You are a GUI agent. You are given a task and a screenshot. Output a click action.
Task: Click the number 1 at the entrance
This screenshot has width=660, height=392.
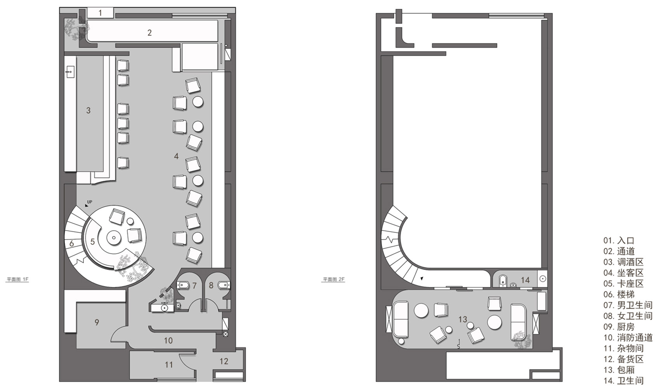pyautogui.click(x=100, y=13)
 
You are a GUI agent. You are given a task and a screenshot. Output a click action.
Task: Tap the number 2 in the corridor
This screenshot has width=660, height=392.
pyautogui.click(x=149, y=33)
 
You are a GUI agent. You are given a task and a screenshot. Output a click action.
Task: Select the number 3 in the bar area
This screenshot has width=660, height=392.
pyautogui.click(x=89, y=111)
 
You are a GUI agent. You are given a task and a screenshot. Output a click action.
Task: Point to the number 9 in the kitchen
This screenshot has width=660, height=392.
pyautogui.click(x=97, y=322)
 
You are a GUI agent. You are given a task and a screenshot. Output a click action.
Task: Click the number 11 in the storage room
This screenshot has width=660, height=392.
pyautogui.click(x=168, y=365)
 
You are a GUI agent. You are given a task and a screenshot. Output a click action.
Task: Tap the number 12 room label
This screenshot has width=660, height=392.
pyautogui.click(x=224, y=361)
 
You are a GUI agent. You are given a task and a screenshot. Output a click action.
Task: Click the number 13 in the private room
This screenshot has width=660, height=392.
pyautogui.click(x=463, y=319)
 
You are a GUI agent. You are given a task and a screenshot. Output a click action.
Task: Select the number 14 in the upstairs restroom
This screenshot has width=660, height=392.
pyautogui.click(x=525, y=280)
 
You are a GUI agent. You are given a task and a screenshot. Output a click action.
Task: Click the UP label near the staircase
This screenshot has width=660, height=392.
pyautogui.click(x=90, y=202)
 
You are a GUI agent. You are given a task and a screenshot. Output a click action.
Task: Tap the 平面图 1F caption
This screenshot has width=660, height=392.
pyautogui.click(x=17, y=279)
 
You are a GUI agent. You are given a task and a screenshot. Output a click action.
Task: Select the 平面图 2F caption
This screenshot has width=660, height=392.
pyautogui.click(x=333, y=279)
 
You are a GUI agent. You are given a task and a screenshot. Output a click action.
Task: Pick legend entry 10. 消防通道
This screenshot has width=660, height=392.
pyautogui.click(x=628, y=338)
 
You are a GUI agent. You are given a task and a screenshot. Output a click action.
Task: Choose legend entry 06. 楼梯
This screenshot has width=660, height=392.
pyautogui.click(x=619, y=294)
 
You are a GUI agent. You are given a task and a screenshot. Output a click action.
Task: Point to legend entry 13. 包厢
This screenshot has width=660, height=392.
pyautogui.click(x=619, y=370)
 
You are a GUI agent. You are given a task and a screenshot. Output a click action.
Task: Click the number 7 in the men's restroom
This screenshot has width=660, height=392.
pyautogui.click(x=195, y=286)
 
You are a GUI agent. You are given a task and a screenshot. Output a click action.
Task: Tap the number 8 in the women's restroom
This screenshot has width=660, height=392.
pyautogui.click(x=211, y=286)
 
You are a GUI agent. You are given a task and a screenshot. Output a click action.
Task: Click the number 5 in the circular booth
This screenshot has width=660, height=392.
pyautogui.click(x=92, y=242)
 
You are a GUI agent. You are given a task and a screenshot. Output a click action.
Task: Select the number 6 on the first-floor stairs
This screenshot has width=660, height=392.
pyautogui.click(x=71, y=244)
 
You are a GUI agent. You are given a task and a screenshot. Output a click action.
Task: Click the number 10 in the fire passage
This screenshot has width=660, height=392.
pyautogui.click(x=168, y=341)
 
